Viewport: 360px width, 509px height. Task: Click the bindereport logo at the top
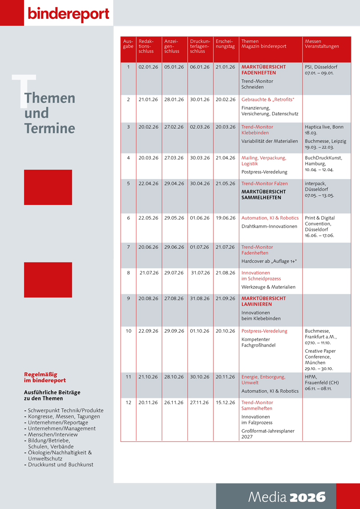coord(68,14)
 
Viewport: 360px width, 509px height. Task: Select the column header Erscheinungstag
coord(225,44)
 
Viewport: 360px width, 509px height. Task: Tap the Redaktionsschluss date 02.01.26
coord(148,67)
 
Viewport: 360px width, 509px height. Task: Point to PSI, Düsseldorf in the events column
coord(321,67)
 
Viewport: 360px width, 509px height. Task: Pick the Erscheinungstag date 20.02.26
coord(225,99)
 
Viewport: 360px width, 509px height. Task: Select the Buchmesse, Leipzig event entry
coord(325,144)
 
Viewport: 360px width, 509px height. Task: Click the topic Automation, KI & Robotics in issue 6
coord(270,218)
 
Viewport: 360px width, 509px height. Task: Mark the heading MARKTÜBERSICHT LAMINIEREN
coord(263,301)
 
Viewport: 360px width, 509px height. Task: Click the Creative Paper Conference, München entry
coord(320,360)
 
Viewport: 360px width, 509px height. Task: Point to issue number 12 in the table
coord(128,402)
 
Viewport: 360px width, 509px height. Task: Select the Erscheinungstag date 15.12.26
coord(225,402)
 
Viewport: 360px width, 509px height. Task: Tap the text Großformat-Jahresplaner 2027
coord(268,434)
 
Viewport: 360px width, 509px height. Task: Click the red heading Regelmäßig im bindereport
coord(45,377)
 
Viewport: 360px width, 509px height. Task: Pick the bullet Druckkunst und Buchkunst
coord(60,464)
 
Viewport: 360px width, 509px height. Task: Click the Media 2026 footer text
coord(287,497)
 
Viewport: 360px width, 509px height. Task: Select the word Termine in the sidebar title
coord(49,128)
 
